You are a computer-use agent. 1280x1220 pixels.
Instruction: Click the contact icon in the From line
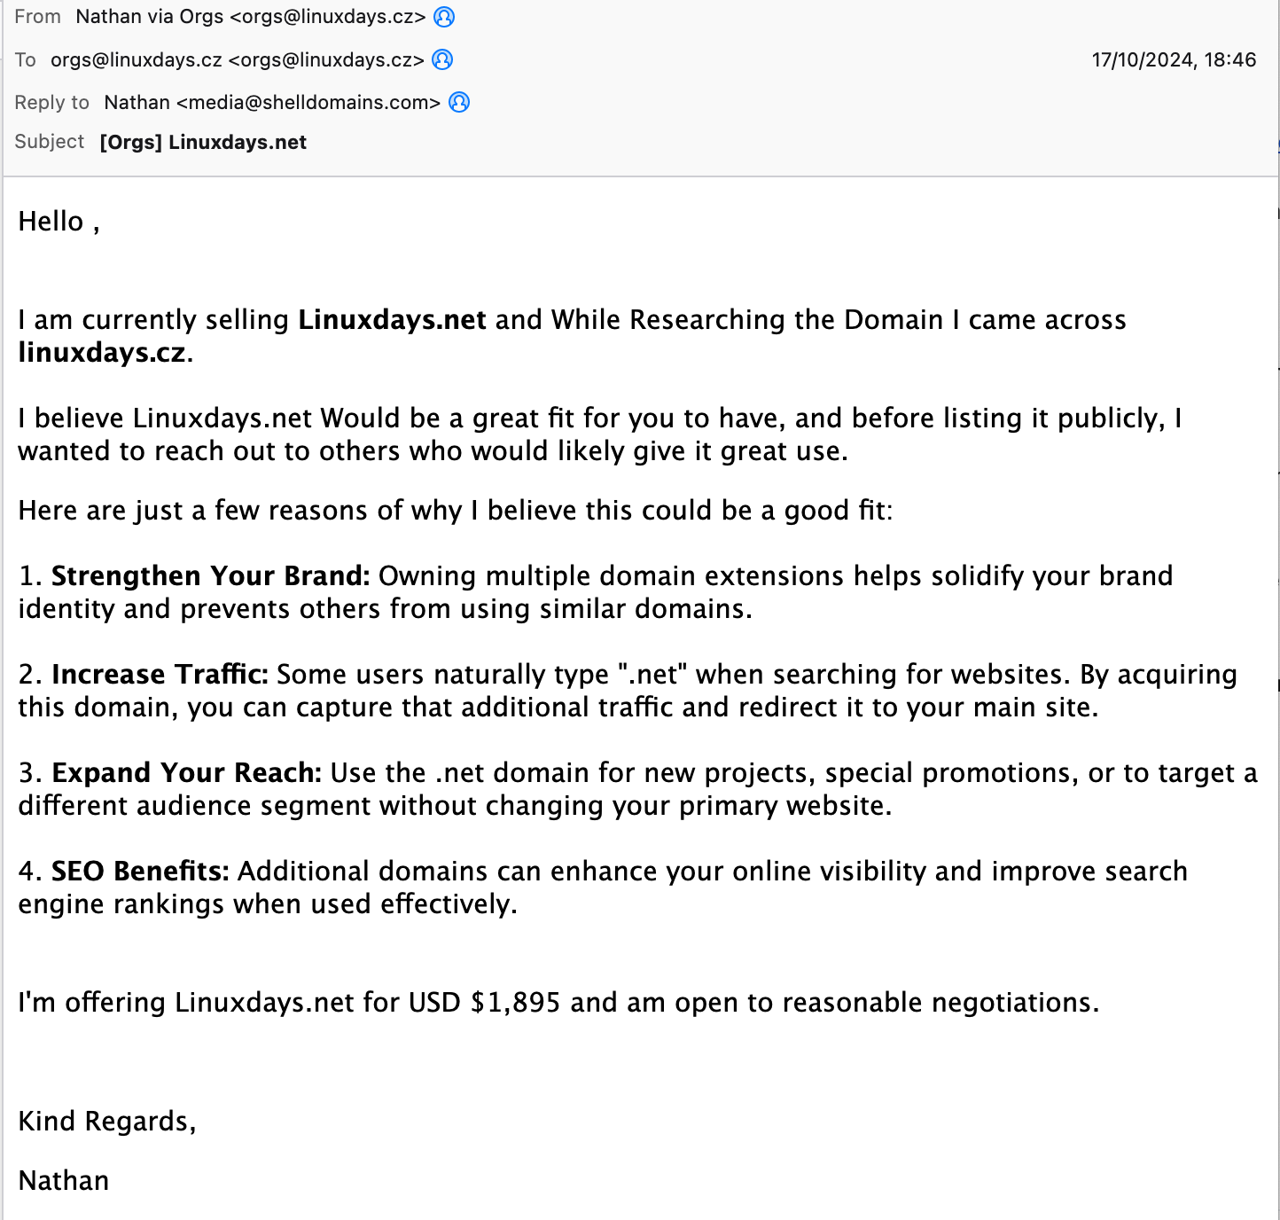pos(444,17)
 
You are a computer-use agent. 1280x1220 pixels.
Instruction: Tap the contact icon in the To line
pos(442,59)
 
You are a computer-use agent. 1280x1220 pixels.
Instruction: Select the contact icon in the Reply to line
pos(459,102)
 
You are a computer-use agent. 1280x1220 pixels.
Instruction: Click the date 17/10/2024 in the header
pos(1143,59)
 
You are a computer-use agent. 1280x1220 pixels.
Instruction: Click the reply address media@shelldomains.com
pos(308,102)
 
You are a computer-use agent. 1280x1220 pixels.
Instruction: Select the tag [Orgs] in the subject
pos(130,143)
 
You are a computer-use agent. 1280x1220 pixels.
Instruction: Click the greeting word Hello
pos(51,222)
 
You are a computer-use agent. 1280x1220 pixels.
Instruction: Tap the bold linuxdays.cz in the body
pos(102,352)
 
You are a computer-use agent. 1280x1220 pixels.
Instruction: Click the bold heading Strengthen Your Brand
pos(210,575)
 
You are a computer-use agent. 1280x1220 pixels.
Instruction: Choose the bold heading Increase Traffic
pos(160,674)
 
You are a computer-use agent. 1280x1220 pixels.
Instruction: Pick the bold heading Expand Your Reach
pos(186,772)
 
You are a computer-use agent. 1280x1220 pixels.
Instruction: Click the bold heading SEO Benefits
pos(140,871)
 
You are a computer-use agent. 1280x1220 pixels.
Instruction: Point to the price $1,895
pos(516,1002)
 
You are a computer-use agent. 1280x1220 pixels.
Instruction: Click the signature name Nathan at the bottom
pos(64,1180)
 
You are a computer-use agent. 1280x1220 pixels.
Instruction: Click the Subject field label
pos(49,142)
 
